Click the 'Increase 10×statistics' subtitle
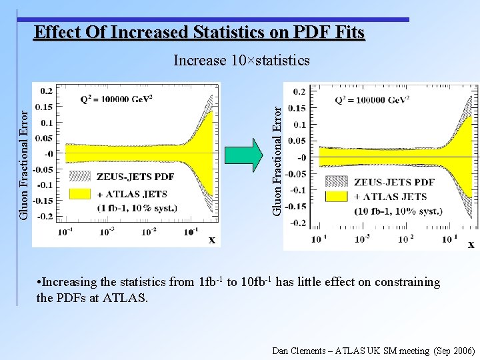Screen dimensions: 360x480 tap(241, 61)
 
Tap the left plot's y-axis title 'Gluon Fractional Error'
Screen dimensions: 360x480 tap(23, 155)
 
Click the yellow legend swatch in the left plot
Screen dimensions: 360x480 tap(80, 193)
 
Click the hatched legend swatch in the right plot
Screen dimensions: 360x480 tap(336, 181)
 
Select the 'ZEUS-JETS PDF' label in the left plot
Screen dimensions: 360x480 tap(135, 177)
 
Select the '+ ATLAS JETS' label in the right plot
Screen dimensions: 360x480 tap(391, 197)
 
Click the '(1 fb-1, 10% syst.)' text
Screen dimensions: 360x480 tap(137, 208)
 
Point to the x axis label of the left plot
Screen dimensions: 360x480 tap(212, 239)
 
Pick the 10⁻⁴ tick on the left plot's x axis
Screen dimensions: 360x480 tap(65, 232)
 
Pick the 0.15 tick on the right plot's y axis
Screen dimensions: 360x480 tap(297, 108)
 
